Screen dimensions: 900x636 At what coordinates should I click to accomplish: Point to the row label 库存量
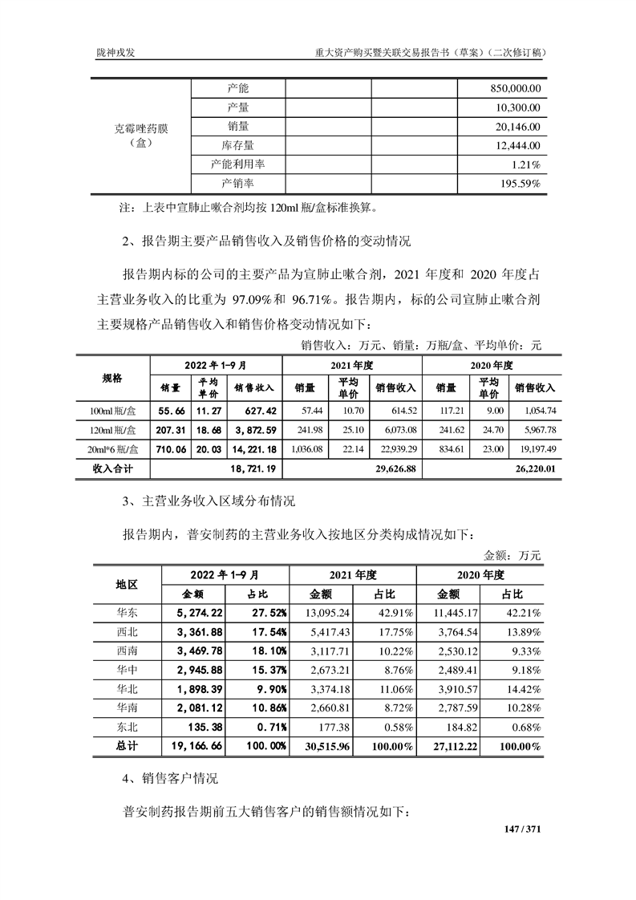[x=238, y=146]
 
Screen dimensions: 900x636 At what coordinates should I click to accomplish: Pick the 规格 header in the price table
[x=112, y=378]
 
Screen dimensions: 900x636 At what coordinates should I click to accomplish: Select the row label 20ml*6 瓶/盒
[x=112, y=449]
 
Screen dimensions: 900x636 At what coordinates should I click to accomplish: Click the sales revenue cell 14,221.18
[x=255, y=449]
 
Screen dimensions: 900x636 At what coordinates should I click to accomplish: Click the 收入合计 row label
[x=112, y=468]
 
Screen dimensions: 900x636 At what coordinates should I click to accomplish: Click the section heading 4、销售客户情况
[x=168, y=778]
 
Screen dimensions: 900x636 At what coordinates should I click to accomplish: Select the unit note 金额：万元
[x=512, y=554]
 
